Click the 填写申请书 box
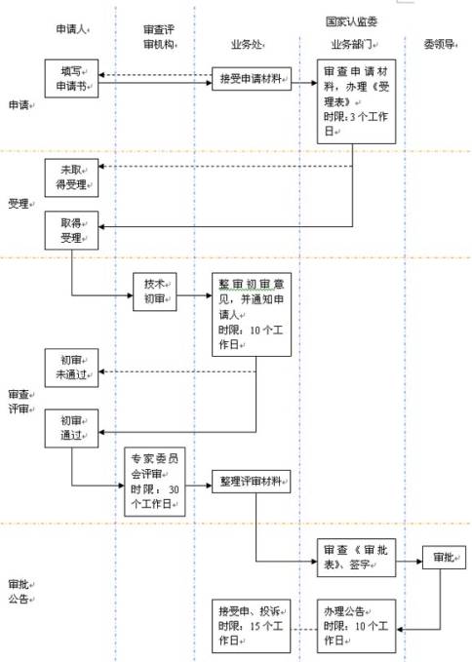72,77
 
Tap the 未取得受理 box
72,177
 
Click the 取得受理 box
72,233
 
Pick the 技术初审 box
154,290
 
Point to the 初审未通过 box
72,365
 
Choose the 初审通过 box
72,429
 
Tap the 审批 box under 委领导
436,558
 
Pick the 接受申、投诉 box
252,625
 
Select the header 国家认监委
353,19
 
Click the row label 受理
19,204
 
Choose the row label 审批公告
19,593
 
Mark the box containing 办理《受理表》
357,100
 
